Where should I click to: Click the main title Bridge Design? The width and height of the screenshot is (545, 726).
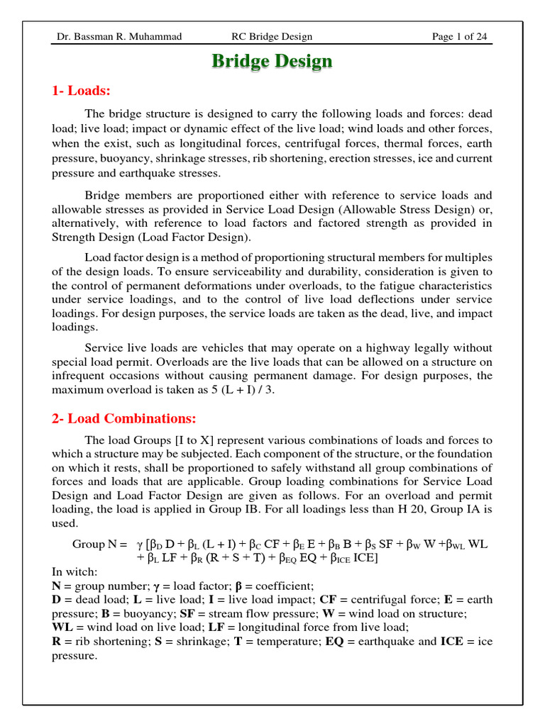coord(272,62)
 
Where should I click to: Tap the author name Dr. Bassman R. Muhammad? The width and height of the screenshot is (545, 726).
coord(119,37)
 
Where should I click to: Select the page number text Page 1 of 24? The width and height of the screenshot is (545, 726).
coord(463,37)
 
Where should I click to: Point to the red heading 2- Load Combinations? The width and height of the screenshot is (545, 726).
coord(123,418)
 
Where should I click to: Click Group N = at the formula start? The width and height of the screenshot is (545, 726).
coord(99,544)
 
